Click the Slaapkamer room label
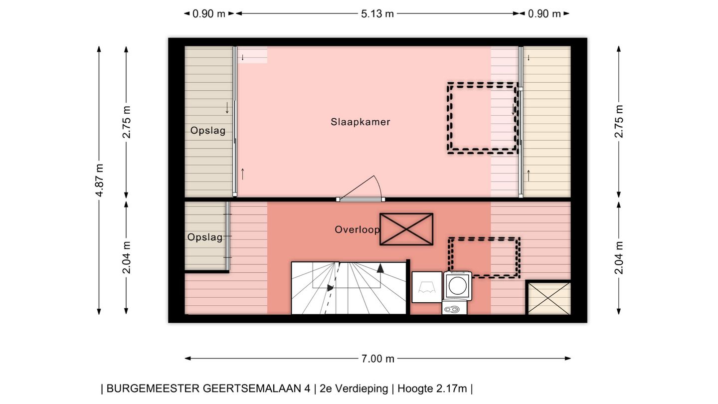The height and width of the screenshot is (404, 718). [x=360, y=122]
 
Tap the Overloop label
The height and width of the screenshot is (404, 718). [x=357, y=230]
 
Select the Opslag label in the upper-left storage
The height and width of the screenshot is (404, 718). [x=207, y=131]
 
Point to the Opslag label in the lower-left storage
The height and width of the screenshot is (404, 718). [x=205, y=237]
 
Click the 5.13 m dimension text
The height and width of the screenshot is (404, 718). [x=377, y=14]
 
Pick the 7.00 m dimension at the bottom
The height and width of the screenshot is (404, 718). [x=377, y=359]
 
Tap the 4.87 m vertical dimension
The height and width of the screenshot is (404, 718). [x=99, y=180]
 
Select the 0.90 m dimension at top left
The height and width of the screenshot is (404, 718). [x=209, y=14]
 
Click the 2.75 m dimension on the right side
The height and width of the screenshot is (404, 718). [x=619, y=121]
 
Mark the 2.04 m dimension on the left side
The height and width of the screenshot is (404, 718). [x=127, y=257]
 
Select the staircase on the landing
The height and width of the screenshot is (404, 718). [x=349, y=288]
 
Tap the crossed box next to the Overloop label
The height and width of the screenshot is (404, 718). [x=406, y=229]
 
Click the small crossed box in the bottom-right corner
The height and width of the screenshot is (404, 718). [x=548, y=298]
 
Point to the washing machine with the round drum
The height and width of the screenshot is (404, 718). [x=458, y=286]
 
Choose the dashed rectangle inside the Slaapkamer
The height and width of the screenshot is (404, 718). [x=483, y=118]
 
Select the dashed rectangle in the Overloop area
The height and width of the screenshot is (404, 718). [x=484, y=257]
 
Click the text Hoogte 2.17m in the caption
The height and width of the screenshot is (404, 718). [x=432, y=389]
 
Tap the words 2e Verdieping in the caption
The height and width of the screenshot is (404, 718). [x=354, y=389]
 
